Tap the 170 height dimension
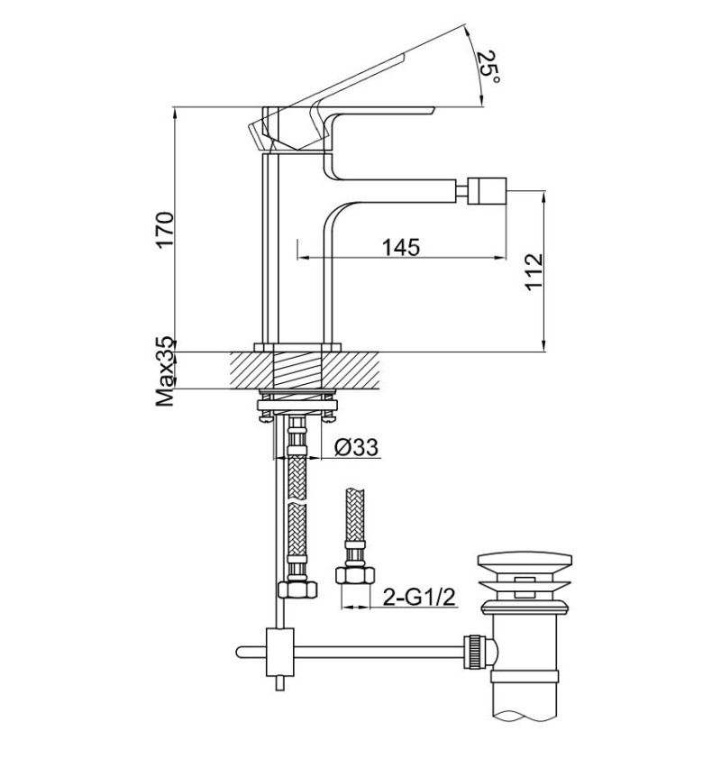point(165,230)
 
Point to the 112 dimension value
point(534,272)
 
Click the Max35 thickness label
point(165,371)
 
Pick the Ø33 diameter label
point(357,447)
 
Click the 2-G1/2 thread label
point(419,597)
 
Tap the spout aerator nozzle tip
point(487,191)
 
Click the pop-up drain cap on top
point(525,561)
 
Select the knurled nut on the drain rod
point(474,652)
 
